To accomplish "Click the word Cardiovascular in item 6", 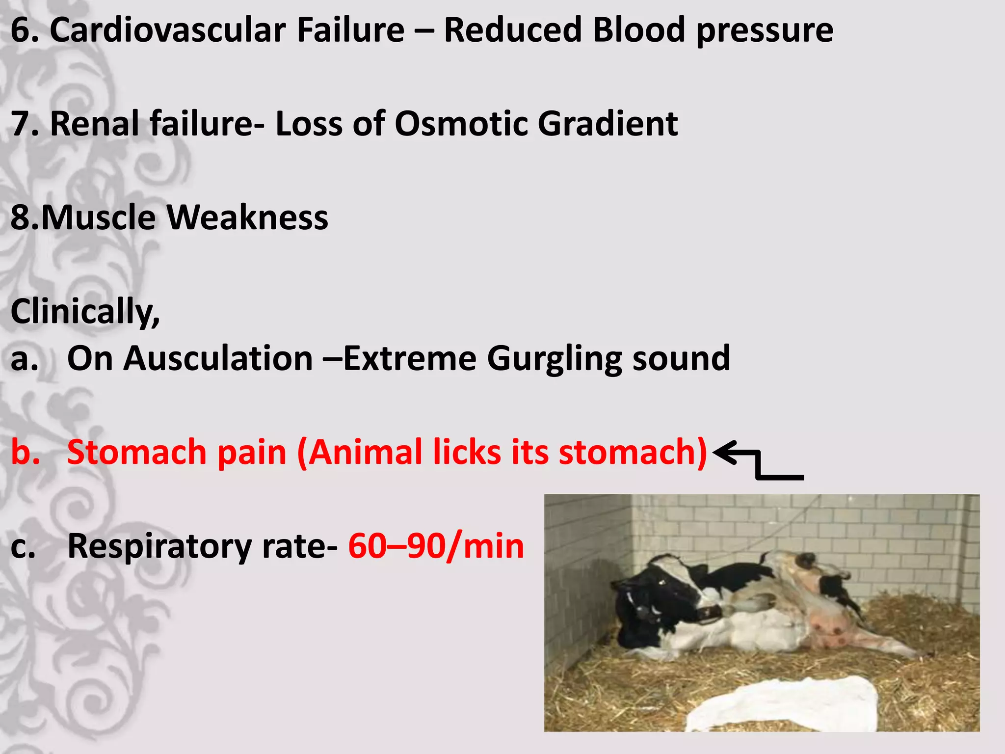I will (x=167, y=30).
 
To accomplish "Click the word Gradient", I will (x=608, y=124).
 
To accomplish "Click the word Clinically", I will (x=84, y=311).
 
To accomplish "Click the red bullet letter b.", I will (x=25, y=452).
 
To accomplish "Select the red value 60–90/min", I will (x=436, y=546).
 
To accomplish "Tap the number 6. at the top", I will (x=24, y=30).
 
